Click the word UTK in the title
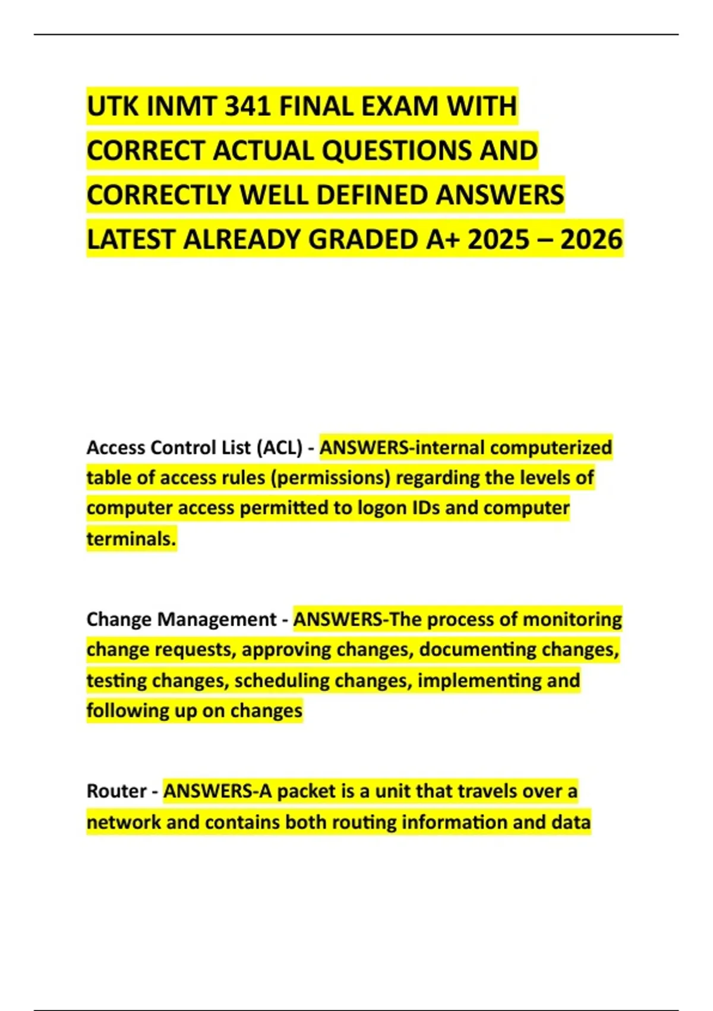[112, 107]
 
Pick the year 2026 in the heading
[591, 240]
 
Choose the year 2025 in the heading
[499, 240]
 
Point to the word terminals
[131, 539]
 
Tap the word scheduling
[282, 680]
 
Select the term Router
[116, 792]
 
